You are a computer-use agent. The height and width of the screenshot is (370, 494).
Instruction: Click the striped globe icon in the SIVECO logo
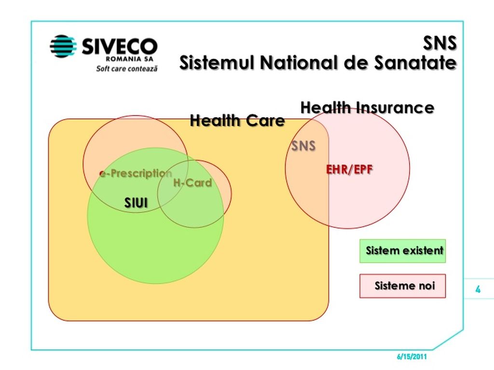(63, 46)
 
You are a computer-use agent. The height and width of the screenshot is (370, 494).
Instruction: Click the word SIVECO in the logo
(120, 47)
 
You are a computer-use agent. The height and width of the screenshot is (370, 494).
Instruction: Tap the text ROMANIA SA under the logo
(129, 59)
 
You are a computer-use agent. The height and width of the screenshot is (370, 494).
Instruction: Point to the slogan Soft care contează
(127, 68)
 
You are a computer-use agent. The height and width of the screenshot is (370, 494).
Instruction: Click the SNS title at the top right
(440, 43)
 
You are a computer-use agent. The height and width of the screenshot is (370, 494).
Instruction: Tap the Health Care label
(237, 120)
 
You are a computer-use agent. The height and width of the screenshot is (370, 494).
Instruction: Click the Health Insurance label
(367, 107)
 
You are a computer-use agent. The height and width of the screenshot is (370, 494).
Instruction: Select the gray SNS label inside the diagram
(303, 146)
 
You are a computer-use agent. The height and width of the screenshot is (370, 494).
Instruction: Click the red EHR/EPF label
(349, 170)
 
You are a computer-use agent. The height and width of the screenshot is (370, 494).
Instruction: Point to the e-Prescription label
(136, 173)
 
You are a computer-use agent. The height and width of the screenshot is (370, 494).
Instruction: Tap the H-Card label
(192, 183)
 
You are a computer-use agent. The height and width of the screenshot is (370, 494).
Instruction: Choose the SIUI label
(136, 203)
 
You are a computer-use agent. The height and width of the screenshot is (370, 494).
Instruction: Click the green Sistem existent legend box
(403, 251)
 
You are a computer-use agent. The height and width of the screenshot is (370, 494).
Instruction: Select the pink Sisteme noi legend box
(403, 286)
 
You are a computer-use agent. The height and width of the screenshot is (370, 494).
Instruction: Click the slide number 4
(478, 289)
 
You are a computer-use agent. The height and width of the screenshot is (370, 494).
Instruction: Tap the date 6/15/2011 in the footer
(412, 357)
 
